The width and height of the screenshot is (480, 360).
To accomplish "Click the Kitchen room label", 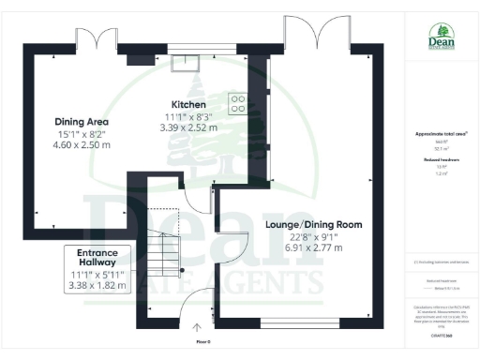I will pos(188,104).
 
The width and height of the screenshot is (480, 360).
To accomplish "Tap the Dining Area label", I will pos(82,122).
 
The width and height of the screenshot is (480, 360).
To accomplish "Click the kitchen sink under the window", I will pos(184,62).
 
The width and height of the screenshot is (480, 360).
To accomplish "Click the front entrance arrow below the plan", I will pos(197,327).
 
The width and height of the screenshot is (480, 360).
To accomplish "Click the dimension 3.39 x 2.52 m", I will pos(188,127).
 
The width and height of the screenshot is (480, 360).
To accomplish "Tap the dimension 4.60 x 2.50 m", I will pos(82,145).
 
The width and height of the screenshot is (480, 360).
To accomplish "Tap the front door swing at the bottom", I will pos(198,304).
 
